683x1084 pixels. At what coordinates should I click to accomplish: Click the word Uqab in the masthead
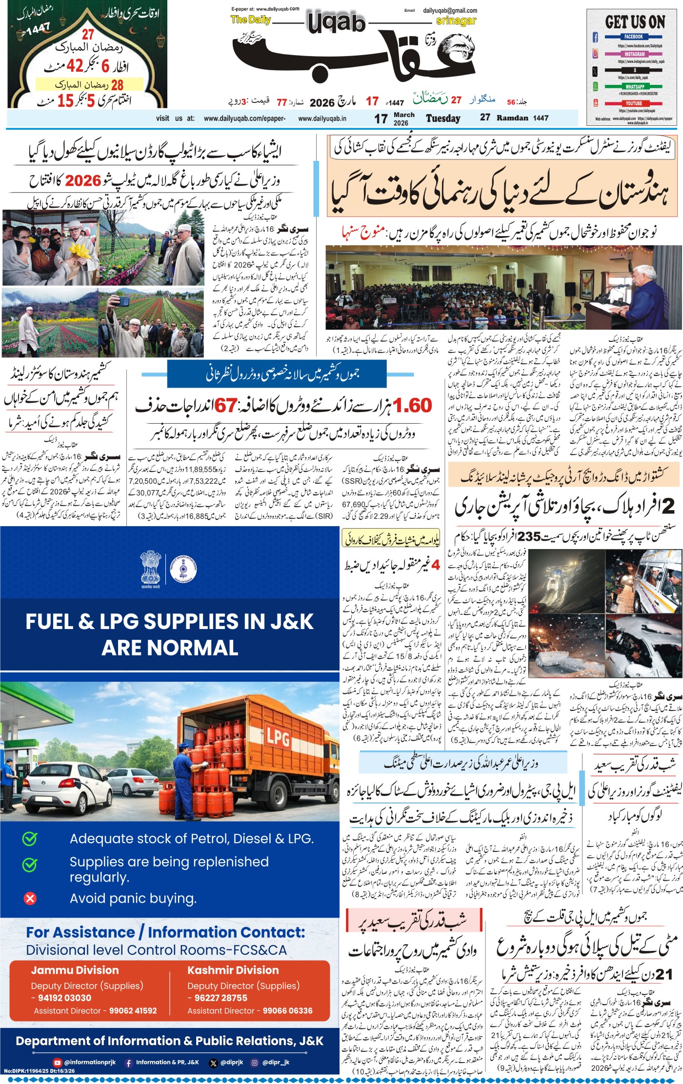point(336,22)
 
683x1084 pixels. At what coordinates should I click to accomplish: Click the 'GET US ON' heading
point(635,22)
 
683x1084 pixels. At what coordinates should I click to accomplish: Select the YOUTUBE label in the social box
point(634,103)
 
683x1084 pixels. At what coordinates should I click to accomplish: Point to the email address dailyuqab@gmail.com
point(450,10)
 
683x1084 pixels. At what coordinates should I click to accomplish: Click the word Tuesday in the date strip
point(443,118)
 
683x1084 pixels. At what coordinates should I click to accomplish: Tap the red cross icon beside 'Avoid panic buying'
point(30,898)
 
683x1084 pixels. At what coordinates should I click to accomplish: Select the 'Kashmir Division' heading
point(233,970)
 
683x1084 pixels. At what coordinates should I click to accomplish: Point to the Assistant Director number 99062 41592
point(133,1011)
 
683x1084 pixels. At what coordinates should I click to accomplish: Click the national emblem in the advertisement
point(150,567)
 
